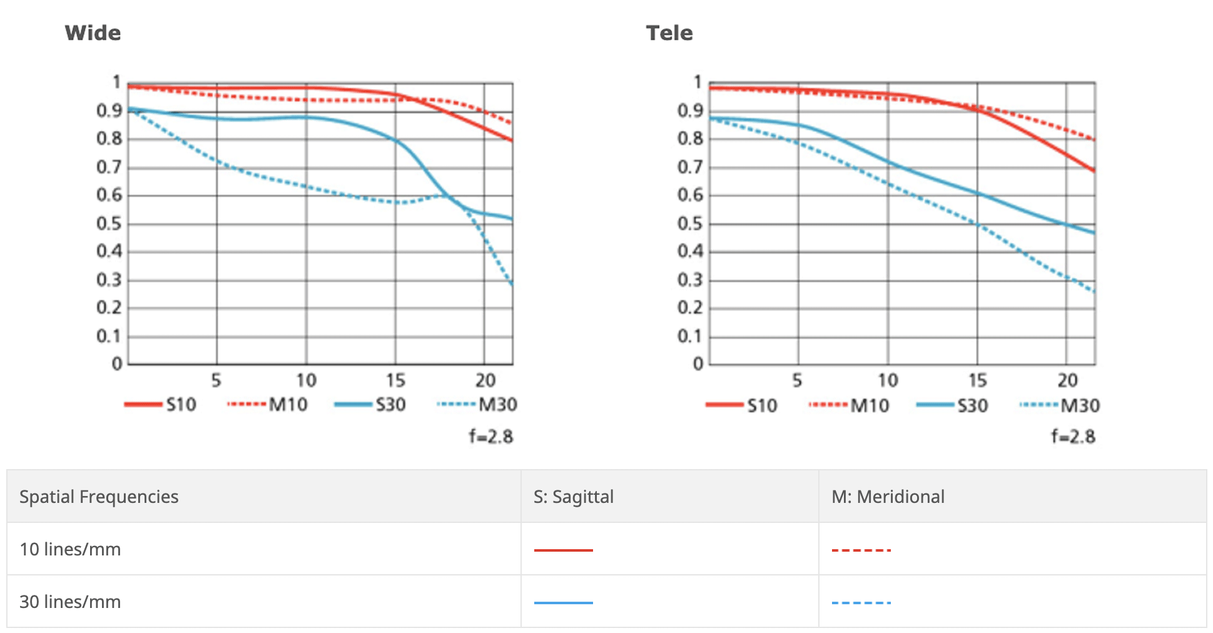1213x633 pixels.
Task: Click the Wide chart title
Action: pyautogui.click(x=93, y=33)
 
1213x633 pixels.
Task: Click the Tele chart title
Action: pyautogui.click(x=669, y=33)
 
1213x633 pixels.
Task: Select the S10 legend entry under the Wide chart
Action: pyautogui.click(x=161, y=405)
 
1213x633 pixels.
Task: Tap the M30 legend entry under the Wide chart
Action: pyautogui.click(x=478, y=405)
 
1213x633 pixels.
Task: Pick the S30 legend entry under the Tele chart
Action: pyautogui.click(x=952, y=405)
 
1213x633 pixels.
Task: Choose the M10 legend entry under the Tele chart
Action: pyautogui.click(x=849, y=405)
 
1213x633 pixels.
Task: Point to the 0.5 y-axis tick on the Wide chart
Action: pyautogui.click(x=109, y=223)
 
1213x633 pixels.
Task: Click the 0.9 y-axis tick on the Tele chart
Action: pyautogui.click(x=690, y=111)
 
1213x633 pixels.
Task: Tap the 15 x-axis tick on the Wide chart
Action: pyautogui.click(x=395, y=380)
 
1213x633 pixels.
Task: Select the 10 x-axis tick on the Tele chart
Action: pyautogui.click(x=887, y=380)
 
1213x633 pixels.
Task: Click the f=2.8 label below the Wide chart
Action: pyautogui.click(x=491, y=436)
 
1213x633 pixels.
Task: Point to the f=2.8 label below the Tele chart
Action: pyautogui.click(x=1073, y=436)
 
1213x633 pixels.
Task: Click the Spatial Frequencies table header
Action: pyautogui.click(x=99, y=497)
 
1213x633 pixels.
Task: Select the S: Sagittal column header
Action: pyautogui.click(x=573, y=497)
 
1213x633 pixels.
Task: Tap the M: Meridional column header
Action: pyautogui.click(x=888, y=497)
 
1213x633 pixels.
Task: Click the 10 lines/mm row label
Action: pyautogui.click(x=70, y=549)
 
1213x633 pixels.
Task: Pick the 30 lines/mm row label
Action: pyautogui.click(x=70, y=602)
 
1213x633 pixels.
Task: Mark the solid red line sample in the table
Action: pyautogui.click(x=563, y=550)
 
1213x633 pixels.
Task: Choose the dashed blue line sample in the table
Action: pyautogui.click(x=861, y=603)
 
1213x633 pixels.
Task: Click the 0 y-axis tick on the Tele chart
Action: pyautogui.click(x=698, y=364)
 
